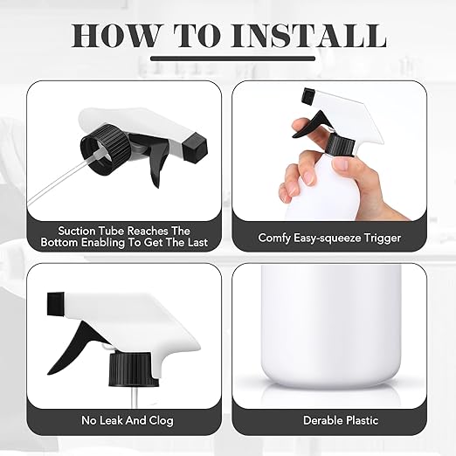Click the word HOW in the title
114,36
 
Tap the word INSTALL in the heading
308,36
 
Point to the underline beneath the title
232,59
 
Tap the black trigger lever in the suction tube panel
157,166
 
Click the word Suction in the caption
77,231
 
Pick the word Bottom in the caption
59,243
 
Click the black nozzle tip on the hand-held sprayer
308,96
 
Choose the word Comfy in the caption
274,238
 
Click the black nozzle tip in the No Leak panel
56,304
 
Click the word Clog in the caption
162,420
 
